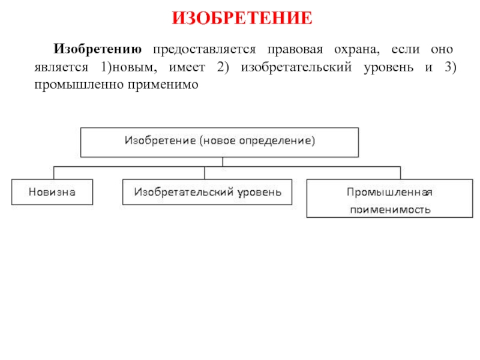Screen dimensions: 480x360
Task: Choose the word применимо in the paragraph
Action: tap(161, 85)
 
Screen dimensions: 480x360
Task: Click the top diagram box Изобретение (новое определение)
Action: tap(220, 142)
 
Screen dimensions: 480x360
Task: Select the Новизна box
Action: tap(52, 192)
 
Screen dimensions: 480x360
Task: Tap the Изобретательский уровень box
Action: tap(208, 192)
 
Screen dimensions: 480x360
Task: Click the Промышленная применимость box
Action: tap(389, 199)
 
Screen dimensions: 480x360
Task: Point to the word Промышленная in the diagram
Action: tap(389, 191)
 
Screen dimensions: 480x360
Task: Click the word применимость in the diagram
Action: tap(389, 209)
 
